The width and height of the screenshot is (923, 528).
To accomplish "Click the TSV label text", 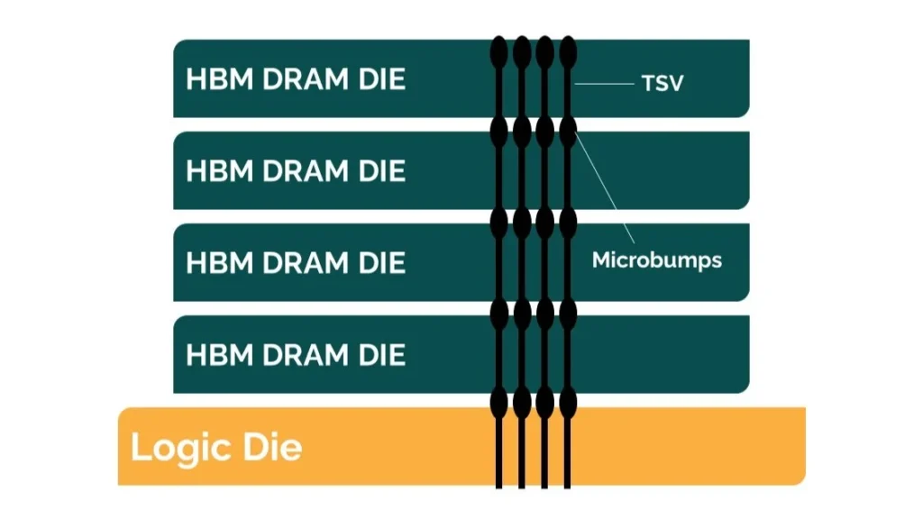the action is tap(663, 83).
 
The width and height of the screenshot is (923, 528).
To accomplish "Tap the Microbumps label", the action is tap(657, 259).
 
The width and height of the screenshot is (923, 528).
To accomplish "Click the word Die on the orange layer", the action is tap(272, 447).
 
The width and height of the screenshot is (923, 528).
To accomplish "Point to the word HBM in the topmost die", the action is tap(220, 79).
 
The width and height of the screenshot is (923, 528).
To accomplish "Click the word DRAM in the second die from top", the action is tap(306, 170).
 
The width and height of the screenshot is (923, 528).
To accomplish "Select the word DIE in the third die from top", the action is tap(382, 262).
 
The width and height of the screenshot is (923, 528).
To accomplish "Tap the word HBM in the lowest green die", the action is tap(220, 354).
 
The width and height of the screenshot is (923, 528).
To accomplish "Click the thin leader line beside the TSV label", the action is tap(605, 84).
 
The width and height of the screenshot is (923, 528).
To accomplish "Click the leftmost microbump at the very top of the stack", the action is tap(499, 51).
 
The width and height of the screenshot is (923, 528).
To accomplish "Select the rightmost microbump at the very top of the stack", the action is tap(568, 51).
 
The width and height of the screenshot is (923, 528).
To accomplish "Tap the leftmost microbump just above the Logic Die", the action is tap(499, 402).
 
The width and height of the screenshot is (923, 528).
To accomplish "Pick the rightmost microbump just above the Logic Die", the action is tap(568, 402).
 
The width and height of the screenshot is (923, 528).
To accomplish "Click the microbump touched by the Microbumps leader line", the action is tap(568, 132).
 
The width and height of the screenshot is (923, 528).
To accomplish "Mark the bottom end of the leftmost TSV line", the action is tap(499, 488).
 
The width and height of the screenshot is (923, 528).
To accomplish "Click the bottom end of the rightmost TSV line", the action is tap(568, 488).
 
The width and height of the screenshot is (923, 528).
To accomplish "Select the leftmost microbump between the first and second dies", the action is tap(499, 132).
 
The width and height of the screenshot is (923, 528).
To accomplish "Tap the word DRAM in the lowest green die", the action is tap(306, 354).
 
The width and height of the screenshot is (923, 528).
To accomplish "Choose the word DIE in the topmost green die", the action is tap(382, 79).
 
